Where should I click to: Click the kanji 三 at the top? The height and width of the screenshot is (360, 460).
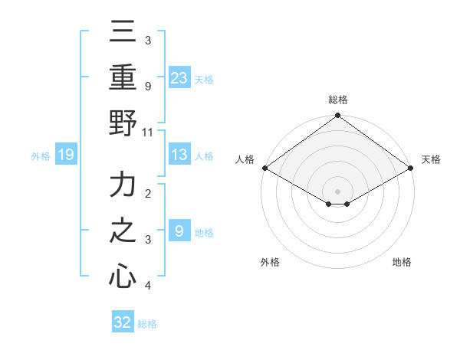pyautogui.click(x=123, y=33)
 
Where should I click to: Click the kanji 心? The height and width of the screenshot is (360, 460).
pyautogui.click(x=123, y=277)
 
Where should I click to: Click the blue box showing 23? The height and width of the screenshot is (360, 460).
pyautogui.click(x=179, y=77)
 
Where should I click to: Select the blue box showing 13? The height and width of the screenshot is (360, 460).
pyautogui.click(x=179, y=155)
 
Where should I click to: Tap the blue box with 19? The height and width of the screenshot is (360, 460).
pyautogui.click(x=65, y=155)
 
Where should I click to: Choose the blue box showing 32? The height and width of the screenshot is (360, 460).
pyautogui.click(x=123, y=322)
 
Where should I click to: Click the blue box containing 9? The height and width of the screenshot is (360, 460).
pyautogui.click(x=179, y=231)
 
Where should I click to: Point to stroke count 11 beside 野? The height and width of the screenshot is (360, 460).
pyautogui.click(x=147, y=132)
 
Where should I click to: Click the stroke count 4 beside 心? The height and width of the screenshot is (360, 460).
pyautogui.click(x=147, y=286)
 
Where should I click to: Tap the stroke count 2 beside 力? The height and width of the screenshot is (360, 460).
pyautogui.click(x=147, y=194)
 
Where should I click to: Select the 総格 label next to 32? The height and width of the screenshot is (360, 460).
pyautogui.click(x=148, y=324)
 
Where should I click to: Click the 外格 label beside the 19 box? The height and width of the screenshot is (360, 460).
pyautogui.click(x=41, y=156)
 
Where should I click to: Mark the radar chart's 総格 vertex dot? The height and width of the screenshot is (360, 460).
pyautogui.click(x=337, y=116)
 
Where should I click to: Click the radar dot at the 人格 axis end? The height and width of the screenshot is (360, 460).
pyautogui.click(x=264, y=168)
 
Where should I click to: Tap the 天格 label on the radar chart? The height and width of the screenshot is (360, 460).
pyautogui.click(x=431, y=159)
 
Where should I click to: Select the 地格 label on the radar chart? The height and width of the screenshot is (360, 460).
pyautogui.click(x=402, y=263)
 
